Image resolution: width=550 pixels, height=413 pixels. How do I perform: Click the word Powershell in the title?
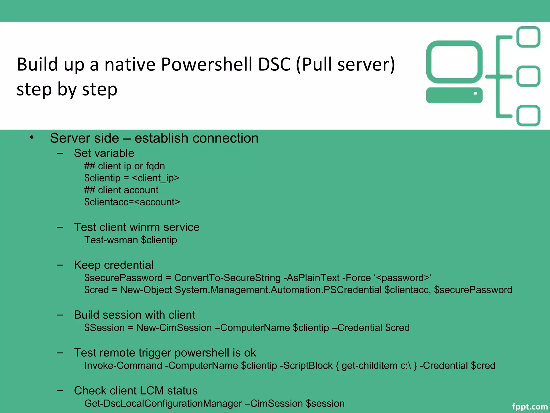(207, 65)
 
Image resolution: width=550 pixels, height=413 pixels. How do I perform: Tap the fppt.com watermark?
(529, 407)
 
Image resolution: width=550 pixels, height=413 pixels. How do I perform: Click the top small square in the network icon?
(528, 37)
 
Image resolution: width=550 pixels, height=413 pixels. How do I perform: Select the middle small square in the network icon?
(528, 76)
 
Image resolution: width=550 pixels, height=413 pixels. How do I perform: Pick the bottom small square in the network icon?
(528, 116)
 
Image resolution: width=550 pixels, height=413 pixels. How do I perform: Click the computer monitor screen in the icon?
(454, 62)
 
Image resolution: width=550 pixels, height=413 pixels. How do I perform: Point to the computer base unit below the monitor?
(454, 95)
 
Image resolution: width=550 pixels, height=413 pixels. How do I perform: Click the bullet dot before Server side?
(32, 137)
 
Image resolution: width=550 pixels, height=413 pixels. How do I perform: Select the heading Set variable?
(104, 153)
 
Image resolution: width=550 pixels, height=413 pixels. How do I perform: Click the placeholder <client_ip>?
(156, 178)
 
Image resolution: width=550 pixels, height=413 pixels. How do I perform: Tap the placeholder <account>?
(157, 202)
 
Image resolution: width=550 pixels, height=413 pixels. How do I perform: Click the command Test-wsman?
(111, 240)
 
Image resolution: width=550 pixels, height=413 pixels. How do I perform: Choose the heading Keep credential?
(114, 265)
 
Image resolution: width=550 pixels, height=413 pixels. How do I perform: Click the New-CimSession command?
(174, 328)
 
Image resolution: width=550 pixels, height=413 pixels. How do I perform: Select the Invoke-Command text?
(123, 366)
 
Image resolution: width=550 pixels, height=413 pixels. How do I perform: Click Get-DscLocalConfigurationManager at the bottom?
(163, 404)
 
